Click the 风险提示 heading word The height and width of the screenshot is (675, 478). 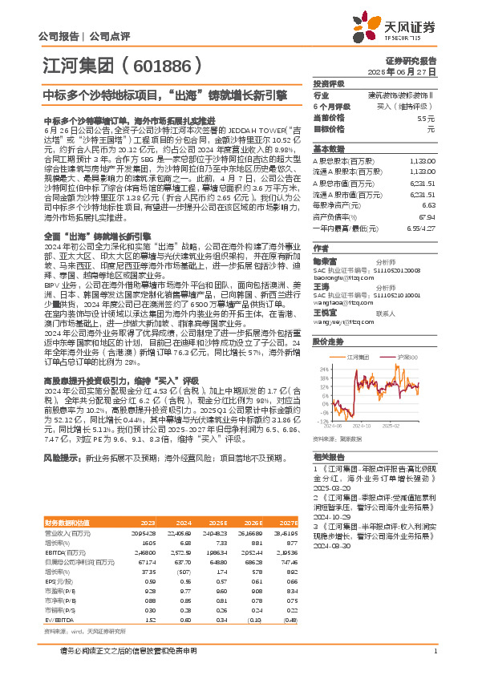tap(60, 458)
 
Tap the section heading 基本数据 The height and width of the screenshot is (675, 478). tap(327, 149)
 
